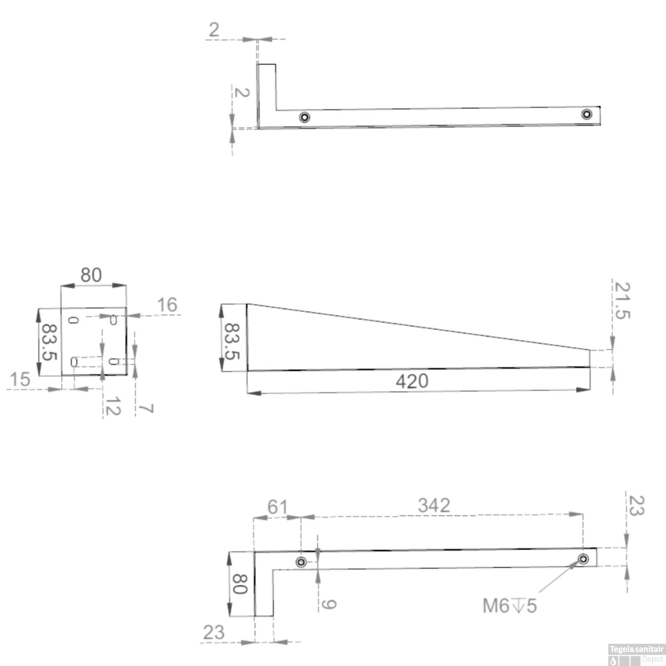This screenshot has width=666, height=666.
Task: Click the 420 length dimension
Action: (x=412, y=381)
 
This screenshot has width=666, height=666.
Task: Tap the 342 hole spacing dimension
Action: (x=434, y=505)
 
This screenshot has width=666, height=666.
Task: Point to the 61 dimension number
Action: (x=277, y=507)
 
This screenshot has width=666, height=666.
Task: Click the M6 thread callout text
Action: (x=509, y=606)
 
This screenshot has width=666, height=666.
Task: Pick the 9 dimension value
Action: (x=329, y=604)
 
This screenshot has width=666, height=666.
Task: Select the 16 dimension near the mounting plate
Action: (x=167, y=305)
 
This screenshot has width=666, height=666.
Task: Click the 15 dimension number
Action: (x=20, y=380)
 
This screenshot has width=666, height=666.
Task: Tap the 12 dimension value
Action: (x=113, y=406)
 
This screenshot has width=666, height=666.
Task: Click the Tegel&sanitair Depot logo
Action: (x=636, y=654)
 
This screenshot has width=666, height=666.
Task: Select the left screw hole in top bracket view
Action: (x=304, y=117)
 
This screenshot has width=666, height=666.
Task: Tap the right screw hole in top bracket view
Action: (x=587, y=114)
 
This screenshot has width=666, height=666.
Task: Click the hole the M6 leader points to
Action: (x=583, y=559)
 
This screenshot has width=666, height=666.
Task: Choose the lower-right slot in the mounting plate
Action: (x=113, y=361)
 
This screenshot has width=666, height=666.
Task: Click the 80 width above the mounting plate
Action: (x=91, y=275)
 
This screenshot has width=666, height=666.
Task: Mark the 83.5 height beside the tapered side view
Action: (x=232, y=341)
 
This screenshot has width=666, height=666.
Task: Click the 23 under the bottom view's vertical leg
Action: (x=214, y=632)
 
